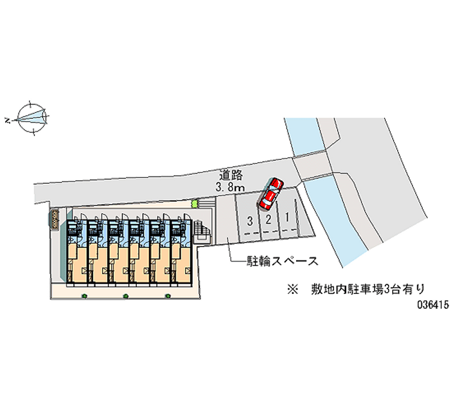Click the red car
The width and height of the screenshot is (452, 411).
(x=270, y=193)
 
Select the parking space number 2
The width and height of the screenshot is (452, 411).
(x=269, y=219)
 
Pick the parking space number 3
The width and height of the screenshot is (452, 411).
(x=249, y=220)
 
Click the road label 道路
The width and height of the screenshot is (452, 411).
(x=230, y=175)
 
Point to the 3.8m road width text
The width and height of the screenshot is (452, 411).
(x=231, y=186)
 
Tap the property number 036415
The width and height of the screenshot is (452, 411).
(x=432, y=304)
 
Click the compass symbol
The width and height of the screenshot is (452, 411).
(x=32, y=118)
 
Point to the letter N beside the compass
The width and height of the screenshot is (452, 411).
(x=8, y=120)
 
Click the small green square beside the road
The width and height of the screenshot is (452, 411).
(x=195, y=203)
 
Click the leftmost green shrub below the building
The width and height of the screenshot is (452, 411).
(x=84, y=296)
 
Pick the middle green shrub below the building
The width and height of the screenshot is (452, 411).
(x=126, y=296)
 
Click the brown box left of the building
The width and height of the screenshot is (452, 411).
(x=55, y=219)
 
